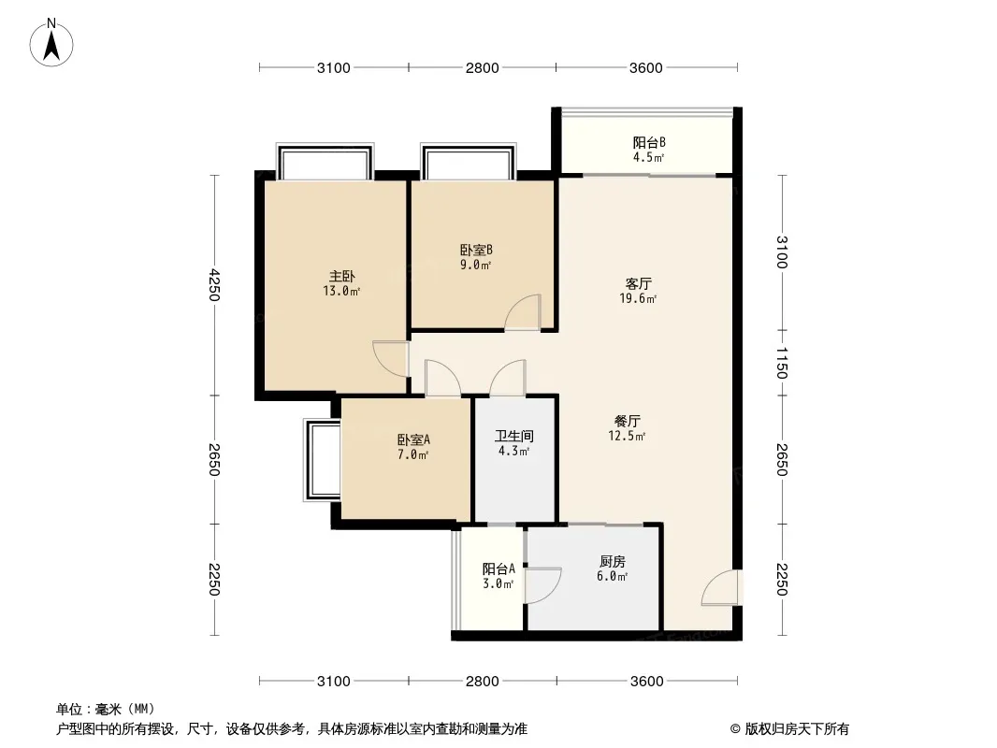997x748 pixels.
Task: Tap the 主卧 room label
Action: tap(342, 277)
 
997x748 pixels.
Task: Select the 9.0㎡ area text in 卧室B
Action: tap(476, 265)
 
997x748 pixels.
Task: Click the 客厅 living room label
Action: tap(639, 283)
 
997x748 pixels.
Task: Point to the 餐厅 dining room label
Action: tap(628, 421)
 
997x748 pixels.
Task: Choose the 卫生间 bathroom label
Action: tap(514, 436)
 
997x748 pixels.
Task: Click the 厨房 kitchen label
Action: tap(613, 561)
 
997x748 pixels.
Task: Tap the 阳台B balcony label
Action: tap(649, 142)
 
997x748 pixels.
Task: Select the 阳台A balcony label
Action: tap(498, 568)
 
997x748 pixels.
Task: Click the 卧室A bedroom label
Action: tap(414, 439)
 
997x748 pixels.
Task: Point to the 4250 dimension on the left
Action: tap(215, 285)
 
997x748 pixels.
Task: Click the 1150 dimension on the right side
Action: tap(782, 363)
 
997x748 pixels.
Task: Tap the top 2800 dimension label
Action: tap(482, 67)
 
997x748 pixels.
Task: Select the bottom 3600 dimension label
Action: tap(646, 682)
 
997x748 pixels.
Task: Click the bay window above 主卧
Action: tap(325, 162)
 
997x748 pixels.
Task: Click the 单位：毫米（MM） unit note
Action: tap(106, 710)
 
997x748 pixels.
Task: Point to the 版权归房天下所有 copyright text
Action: tap(789, 729)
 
